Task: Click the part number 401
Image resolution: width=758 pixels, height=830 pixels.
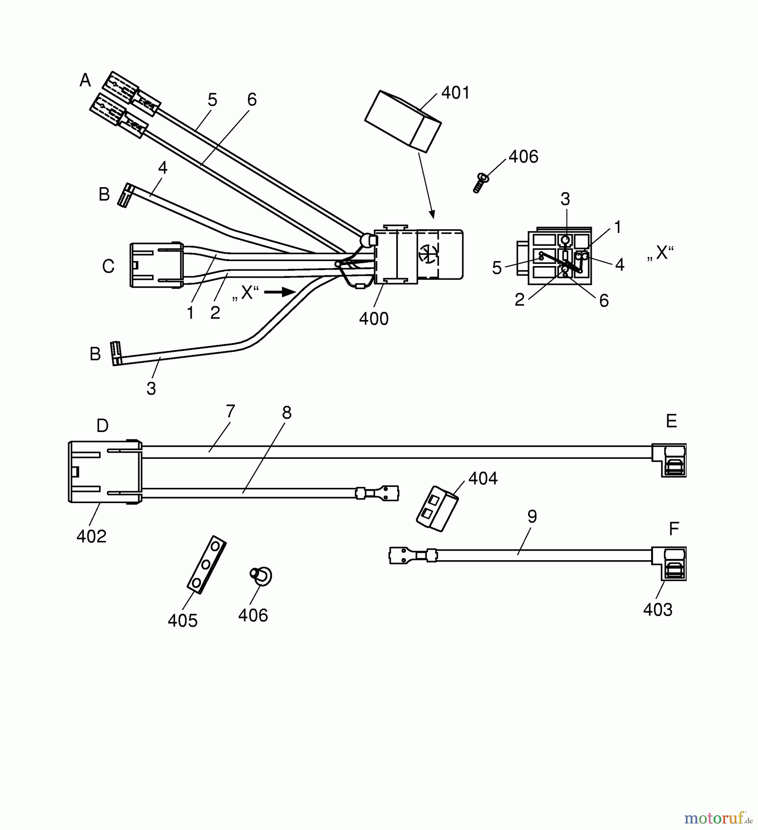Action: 455,93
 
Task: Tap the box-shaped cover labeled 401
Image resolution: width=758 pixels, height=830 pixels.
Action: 403,121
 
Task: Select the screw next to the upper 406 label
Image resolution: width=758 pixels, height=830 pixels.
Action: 481,183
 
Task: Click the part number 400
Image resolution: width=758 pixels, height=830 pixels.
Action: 374,319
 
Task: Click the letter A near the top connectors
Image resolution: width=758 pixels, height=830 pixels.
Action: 85,81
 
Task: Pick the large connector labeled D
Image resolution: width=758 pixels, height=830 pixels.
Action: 105,472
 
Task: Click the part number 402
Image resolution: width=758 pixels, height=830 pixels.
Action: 91,536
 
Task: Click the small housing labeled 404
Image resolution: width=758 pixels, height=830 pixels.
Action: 436,509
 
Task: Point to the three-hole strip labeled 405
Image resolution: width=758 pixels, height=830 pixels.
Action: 206,563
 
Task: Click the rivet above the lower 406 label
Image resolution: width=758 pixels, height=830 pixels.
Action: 261,575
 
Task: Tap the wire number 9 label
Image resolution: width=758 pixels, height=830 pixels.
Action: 532,516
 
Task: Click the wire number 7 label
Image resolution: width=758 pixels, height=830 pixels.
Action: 230,411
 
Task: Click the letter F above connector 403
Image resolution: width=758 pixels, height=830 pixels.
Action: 674,529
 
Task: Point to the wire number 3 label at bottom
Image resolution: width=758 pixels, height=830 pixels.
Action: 151,389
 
